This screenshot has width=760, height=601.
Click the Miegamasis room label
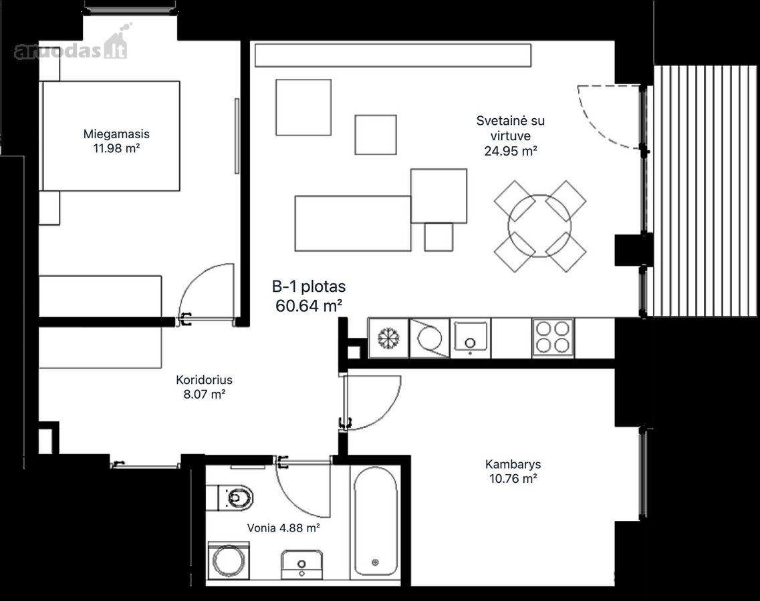coord(116,134)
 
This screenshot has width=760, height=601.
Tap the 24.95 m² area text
coord(511,151)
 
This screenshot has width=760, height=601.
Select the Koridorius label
coord(204,380)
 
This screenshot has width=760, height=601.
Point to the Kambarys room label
coord(513,464)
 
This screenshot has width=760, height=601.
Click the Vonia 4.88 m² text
coord(283,528)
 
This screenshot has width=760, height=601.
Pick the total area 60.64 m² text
coord(309,306)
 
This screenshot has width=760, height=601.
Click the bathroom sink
coord(301,564)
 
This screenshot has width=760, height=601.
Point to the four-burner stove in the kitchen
coord(553,337)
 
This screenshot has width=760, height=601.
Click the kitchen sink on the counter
coord(470,338)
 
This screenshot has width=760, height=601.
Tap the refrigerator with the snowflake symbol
coord(388,337)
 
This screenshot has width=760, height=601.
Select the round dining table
coord(539,226)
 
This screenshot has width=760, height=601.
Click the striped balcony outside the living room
coord(706,190)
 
